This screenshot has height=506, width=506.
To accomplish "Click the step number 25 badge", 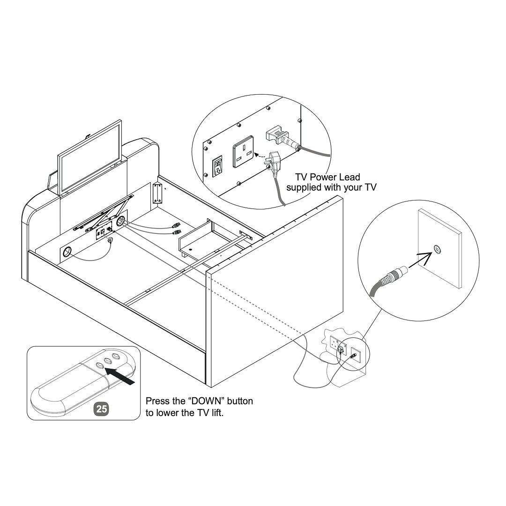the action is point(101,409).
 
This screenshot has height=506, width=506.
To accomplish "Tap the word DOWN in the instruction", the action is point(206,401).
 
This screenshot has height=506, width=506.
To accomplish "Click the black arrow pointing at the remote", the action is point(120,376).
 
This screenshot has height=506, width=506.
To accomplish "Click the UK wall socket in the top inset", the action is point(243,152).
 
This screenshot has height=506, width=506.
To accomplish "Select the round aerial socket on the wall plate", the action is point(437,248).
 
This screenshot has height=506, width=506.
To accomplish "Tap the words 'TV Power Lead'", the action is point(327,177).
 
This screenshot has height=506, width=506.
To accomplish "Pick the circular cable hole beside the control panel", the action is point(121,221).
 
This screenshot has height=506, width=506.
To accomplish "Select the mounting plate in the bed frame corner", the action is point(157,193).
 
